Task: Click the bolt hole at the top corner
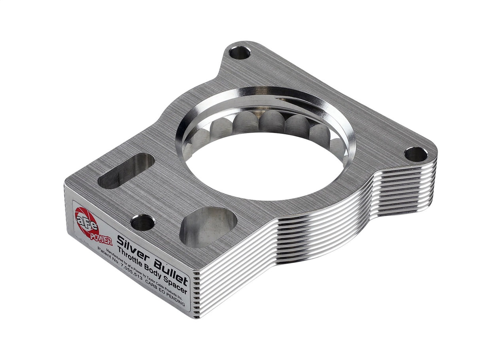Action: [x=240, y=53]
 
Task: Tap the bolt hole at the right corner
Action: [x=416, y=154]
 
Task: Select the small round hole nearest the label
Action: [x=142, y=222]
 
